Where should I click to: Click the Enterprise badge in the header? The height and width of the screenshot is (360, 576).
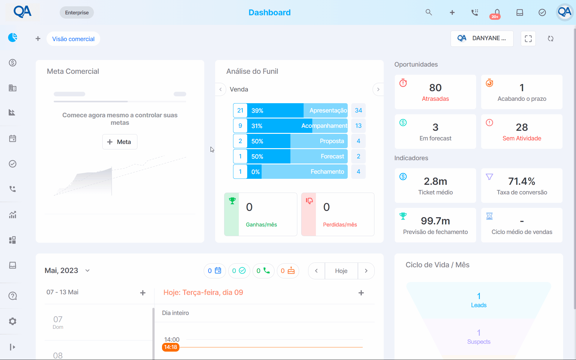click(77, 13)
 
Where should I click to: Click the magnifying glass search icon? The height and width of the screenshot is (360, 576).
click(429, 12)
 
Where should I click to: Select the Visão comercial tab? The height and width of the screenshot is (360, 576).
click(73, 39)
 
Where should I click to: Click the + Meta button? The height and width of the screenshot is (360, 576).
click(120, 142)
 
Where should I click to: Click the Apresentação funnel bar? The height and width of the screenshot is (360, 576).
click(297, 110)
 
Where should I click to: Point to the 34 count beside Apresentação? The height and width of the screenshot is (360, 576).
click(358, 110)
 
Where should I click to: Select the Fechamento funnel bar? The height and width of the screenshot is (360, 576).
click(297, 172)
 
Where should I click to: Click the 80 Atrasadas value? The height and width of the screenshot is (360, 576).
click(435, 88)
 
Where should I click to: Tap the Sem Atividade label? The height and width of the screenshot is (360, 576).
click(522, 138)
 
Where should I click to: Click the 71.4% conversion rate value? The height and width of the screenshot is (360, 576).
click(522, 181)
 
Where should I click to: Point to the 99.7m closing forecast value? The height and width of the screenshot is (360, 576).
click(435, 221)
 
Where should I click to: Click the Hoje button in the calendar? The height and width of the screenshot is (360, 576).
click(341, 271)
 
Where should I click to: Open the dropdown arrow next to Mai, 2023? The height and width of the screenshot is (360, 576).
click(87, 271)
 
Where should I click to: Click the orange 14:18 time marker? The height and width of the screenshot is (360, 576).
click(171, 347)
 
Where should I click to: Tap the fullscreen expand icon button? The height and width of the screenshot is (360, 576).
click(528, 39)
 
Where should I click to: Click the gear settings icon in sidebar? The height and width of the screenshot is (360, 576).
click(13, 321)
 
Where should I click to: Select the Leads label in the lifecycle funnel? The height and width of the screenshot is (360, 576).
click(479, 305)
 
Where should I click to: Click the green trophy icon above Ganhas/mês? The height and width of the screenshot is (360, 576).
click(232, 201)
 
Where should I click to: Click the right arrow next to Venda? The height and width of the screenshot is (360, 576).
click(378, 89)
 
